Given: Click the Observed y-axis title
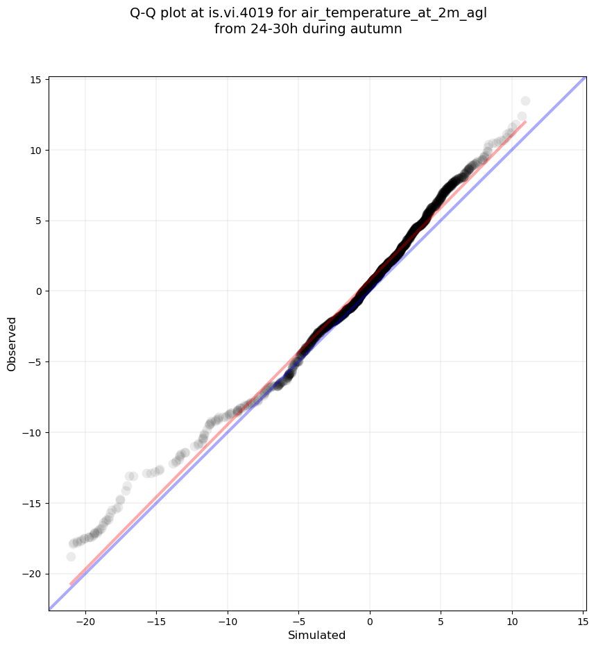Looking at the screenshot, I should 12,343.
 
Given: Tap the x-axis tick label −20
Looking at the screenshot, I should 85,620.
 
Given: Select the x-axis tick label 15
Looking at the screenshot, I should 583,620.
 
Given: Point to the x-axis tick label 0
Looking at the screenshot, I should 370,620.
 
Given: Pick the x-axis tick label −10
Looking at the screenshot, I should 228,620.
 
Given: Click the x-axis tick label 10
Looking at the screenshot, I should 512,620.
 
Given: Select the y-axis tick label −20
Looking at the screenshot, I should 31,574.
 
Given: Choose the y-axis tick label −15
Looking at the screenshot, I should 31,503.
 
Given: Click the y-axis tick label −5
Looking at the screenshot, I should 34,362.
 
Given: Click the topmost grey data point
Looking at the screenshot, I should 525,101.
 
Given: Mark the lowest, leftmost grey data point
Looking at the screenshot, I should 71,556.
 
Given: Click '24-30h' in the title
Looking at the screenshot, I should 273,29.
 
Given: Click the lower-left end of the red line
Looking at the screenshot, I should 71,583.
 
